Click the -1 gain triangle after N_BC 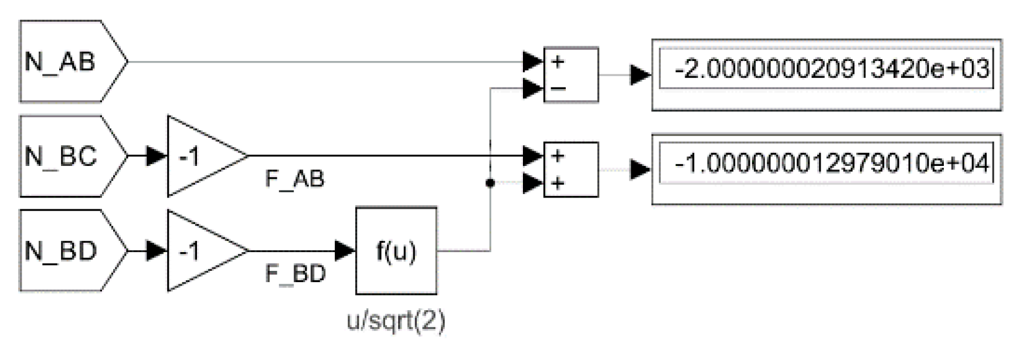pos(199,156)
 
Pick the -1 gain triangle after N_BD pos(199,251)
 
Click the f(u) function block pos(396,251)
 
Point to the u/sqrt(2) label pos(396,321)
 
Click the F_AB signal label pos(295,179)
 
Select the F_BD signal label pos(295,274)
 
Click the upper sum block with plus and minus pos(571,75)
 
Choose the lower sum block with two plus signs pos(571,169)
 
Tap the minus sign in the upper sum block pos(558,89)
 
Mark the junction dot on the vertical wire pos(490,184)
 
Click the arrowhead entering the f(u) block pos(345,251)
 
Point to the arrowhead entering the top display pos(640,75)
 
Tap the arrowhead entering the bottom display pos(640,169)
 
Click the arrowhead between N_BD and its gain pos(156,251)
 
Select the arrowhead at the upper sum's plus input pos(532,61)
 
